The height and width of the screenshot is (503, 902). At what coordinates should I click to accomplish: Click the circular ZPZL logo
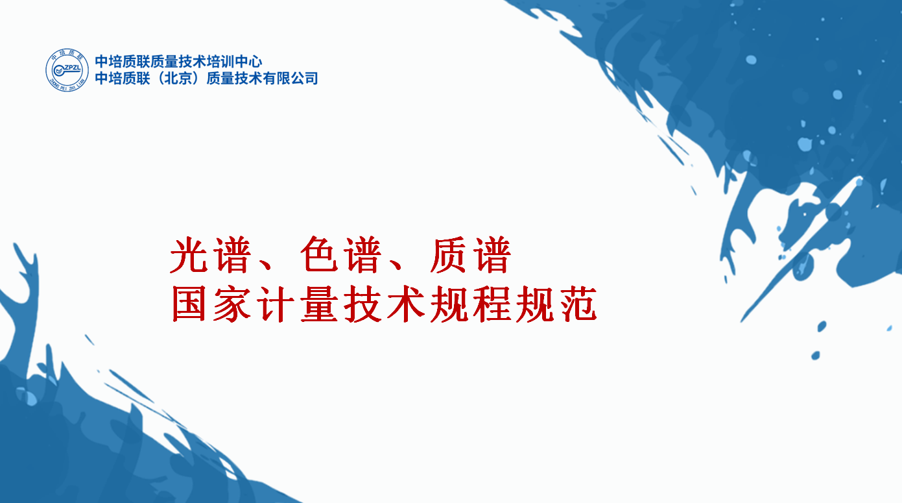[67, 70]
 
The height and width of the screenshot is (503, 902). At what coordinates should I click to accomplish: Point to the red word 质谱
[471, 255]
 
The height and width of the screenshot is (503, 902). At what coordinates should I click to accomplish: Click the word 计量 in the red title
[298, 304]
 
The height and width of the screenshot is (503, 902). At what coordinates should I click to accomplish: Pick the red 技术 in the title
[385, 304]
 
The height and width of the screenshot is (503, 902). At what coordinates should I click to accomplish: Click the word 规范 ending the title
[556, 304]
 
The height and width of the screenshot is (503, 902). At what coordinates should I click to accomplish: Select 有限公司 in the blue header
[290, 78]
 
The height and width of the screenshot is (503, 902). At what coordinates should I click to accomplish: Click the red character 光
[189, 255]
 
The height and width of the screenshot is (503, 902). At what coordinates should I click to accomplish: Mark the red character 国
[189, 304]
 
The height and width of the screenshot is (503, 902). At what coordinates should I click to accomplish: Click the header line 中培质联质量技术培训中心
[178, 62]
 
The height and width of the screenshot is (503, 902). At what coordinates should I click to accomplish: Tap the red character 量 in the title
[319, 304]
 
